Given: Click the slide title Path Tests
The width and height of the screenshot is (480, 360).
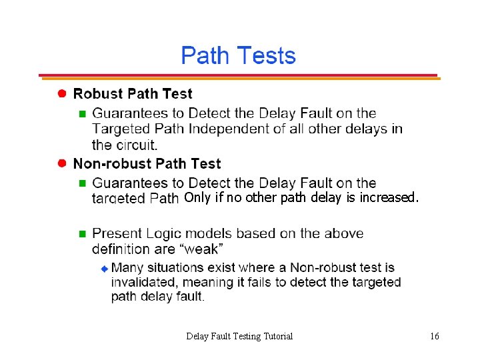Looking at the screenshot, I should [x=238, y=56].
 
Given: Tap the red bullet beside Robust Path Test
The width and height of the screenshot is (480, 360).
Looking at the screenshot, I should [x=61, y=94].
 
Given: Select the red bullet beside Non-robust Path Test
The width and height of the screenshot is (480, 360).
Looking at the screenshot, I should [x=61, y=163].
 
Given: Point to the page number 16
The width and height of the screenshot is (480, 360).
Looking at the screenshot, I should [x=435, y=336].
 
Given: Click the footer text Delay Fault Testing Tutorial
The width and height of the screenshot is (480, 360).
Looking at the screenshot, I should [x=239, y=336].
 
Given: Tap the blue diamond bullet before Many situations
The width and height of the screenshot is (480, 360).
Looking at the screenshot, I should [x=104, y=268].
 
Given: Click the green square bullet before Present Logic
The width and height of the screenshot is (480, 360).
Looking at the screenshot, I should [x=83, y=234].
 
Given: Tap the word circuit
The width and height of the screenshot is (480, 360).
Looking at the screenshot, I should [x=136, y=145].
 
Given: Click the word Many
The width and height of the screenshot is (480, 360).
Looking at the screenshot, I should [x=127, y=268].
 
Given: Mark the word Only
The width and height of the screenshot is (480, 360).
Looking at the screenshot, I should [x=197, y=198].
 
